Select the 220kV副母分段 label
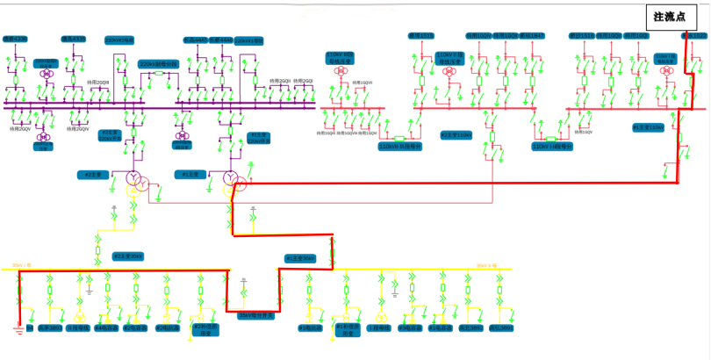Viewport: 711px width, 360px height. tap(158, 64)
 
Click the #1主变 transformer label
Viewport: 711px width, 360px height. tap(188, 175)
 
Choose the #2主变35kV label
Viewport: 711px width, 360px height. tap(126, 256)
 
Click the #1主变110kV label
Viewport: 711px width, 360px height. tap(650, 127)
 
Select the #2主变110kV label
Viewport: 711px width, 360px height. tap(456, 134)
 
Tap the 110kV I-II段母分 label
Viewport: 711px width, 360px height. tap(550, 148)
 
